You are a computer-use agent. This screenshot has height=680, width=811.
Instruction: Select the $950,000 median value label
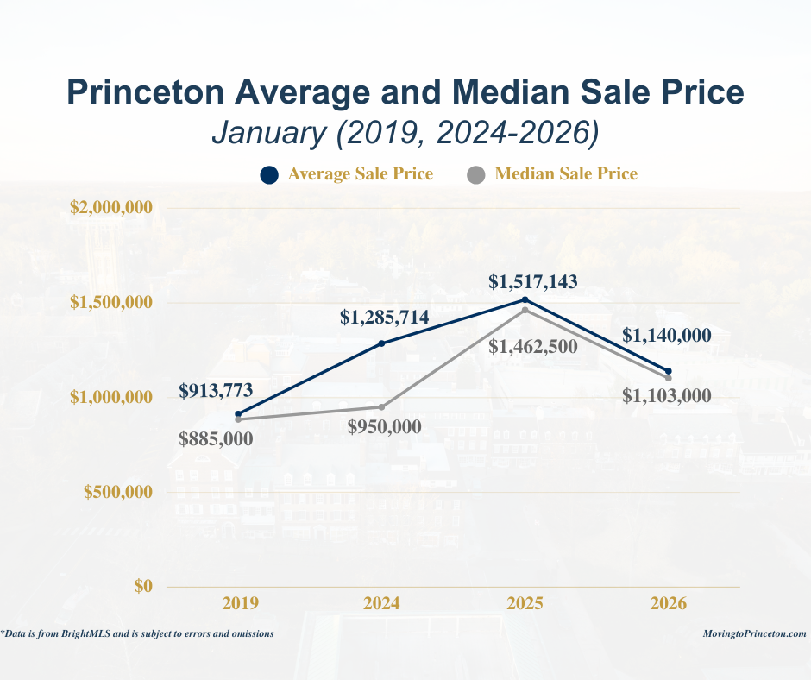pyautogui.click(x=385, y=426)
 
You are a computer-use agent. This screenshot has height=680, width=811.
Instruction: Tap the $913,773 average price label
pyautogui.click(x=216, y=391)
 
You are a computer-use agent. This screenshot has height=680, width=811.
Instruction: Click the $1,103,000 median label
pyautogui.click(x=668, y=396)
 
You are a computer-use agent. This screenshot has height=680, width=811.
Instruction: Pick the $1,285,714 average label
pyautogui.click(x=384, y=318)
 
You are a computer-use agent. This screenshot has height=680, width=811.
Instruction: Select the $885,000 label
pyautogui.click(x=216, y=438)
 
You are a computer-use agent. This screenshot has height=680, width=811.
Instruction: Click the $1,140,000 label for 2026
pyautogui.click(x=668, y=336)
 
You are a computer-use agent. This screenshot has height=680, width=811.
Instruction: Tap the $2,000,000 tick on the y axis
pyautogui.click(x=111, y=208)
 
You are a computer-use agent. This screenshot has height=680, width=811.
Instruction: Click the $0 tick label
pyautogui.click(x=143, y=587)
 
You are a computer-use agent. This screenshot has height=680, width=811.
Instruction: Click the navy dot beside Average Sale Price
pyautogui.click(x=268, y=175)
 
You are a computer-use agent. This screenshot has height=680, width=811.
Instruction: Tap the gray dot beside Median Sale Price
pyautogui.click(x=475, y=175)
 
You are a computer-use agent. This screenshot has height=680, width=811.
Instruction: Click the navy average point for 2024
pyautogui.click(x=382, y=343)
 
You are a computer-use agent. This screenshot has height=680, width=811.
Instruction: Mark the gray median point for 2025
pyautogui.click(x=525, y=310)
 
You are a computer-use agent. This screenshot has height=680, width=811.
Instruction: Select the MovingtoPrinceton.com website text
pyautogui.click(x=755, y=633)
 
